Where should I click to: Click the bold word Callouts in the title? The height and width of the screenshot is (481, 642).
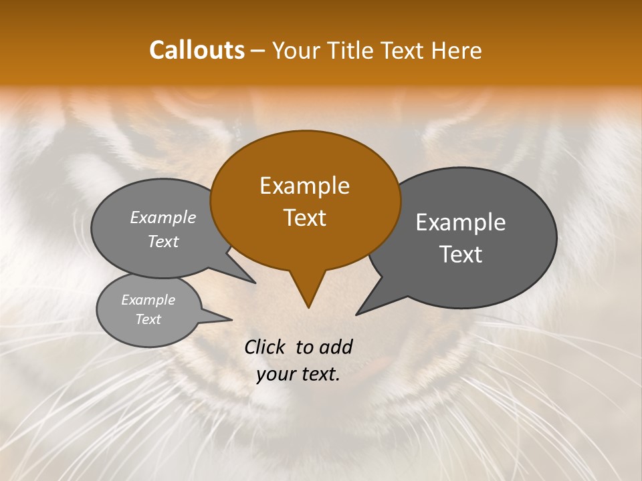pyautogui.click(x=197, y=50)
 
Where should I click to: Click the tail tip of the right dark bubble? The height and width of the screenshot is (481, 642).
pyautogui.click(x=357, y=314)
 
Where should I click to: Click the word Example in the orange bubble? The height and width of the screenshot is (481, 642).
pyautogui.click(x=304, y=186)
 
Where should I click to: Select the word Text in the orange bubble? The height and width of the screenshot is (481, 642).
pyautogui.click(x=304, y=218)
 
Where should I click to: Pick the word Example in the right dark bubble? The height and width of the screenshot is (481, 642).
pyautogui.click(x=461, y=222)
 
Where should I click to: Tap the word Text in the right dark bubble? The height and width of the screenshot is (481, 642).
pyautogui.click(x=461, y=255)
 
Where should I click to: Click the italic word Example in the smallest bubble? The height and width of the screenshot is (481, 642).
pyautogui.click(x=148, y=300)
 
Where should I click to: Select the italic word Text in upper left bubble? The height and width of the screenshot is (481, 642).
pyautogui.click(x=163, y=242)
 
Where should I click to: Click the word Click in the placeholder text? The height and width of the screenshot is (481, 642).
pyautogui.click(x=265, y=347)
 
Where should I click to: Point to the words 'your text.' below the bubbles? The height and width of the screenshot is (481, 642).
pyautogui.click(x=298, y=374)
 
